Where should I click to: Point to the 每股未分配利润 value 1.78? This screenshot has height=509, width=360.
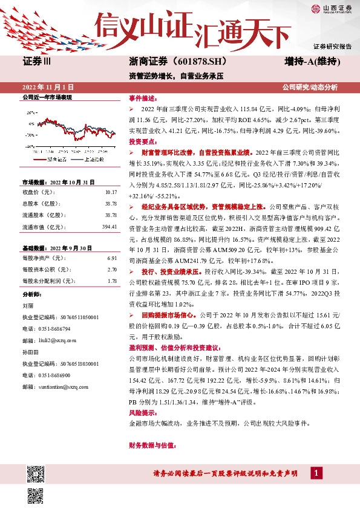pyautogui.click(x=111, y=281)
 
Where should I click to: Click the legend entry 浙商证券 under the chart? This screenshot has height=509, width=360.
pyautogui.click(x=56, y=159)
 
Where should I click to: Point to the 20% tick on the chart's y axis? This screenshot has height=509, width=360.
pyautogui.click(x=31, y=113)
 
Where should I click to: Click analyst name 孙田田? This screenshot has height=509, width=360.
pyautogui.click(x=30, y=351)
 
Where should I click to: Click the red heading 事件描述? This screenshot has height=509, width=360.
pyautogui.click(x=143, y=98)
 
